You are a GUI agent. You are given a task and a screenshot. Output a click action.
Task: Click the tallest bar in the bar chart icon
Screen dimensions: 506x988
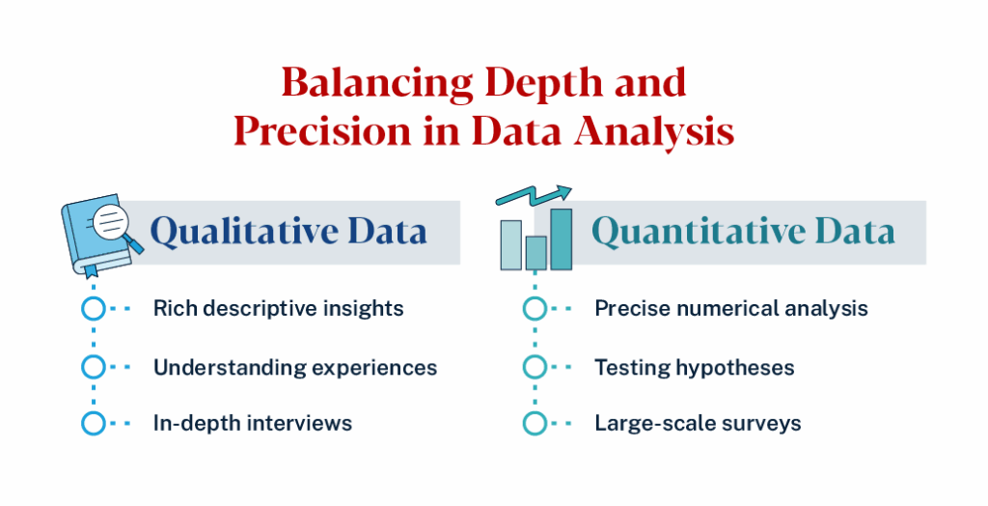coord(561,239)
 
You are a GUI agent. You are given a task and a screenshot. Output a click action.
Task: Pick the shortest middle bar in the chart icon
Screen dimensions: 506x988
coord(536,252)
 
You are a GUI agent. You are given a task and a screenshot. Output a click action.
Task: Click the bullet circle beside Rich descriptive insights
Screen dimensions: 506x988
coord(93,309)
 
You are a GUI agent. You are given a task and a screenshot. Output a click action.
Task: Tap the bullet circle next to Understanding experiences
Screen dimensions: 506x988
coord(93,367)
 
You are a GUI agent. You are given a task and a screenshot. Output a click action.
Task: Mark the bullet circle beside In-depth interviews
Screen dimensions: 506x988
coord(93,423)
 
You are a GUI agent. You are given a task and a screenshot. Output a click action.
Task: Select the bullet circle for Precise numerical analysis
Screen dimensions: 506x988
coord(535,309)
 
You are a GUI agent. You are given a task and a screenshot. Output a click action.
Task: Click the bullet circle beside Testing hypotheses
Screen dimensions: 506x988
coord(535,367)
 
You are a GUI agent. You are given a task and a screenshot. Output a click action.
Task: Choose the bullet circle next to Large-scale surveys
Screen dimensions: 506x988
coord(535,423)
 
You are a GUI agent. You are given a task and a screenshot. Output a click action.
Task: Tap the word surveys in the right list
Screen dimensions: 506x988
coord(761,423)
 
